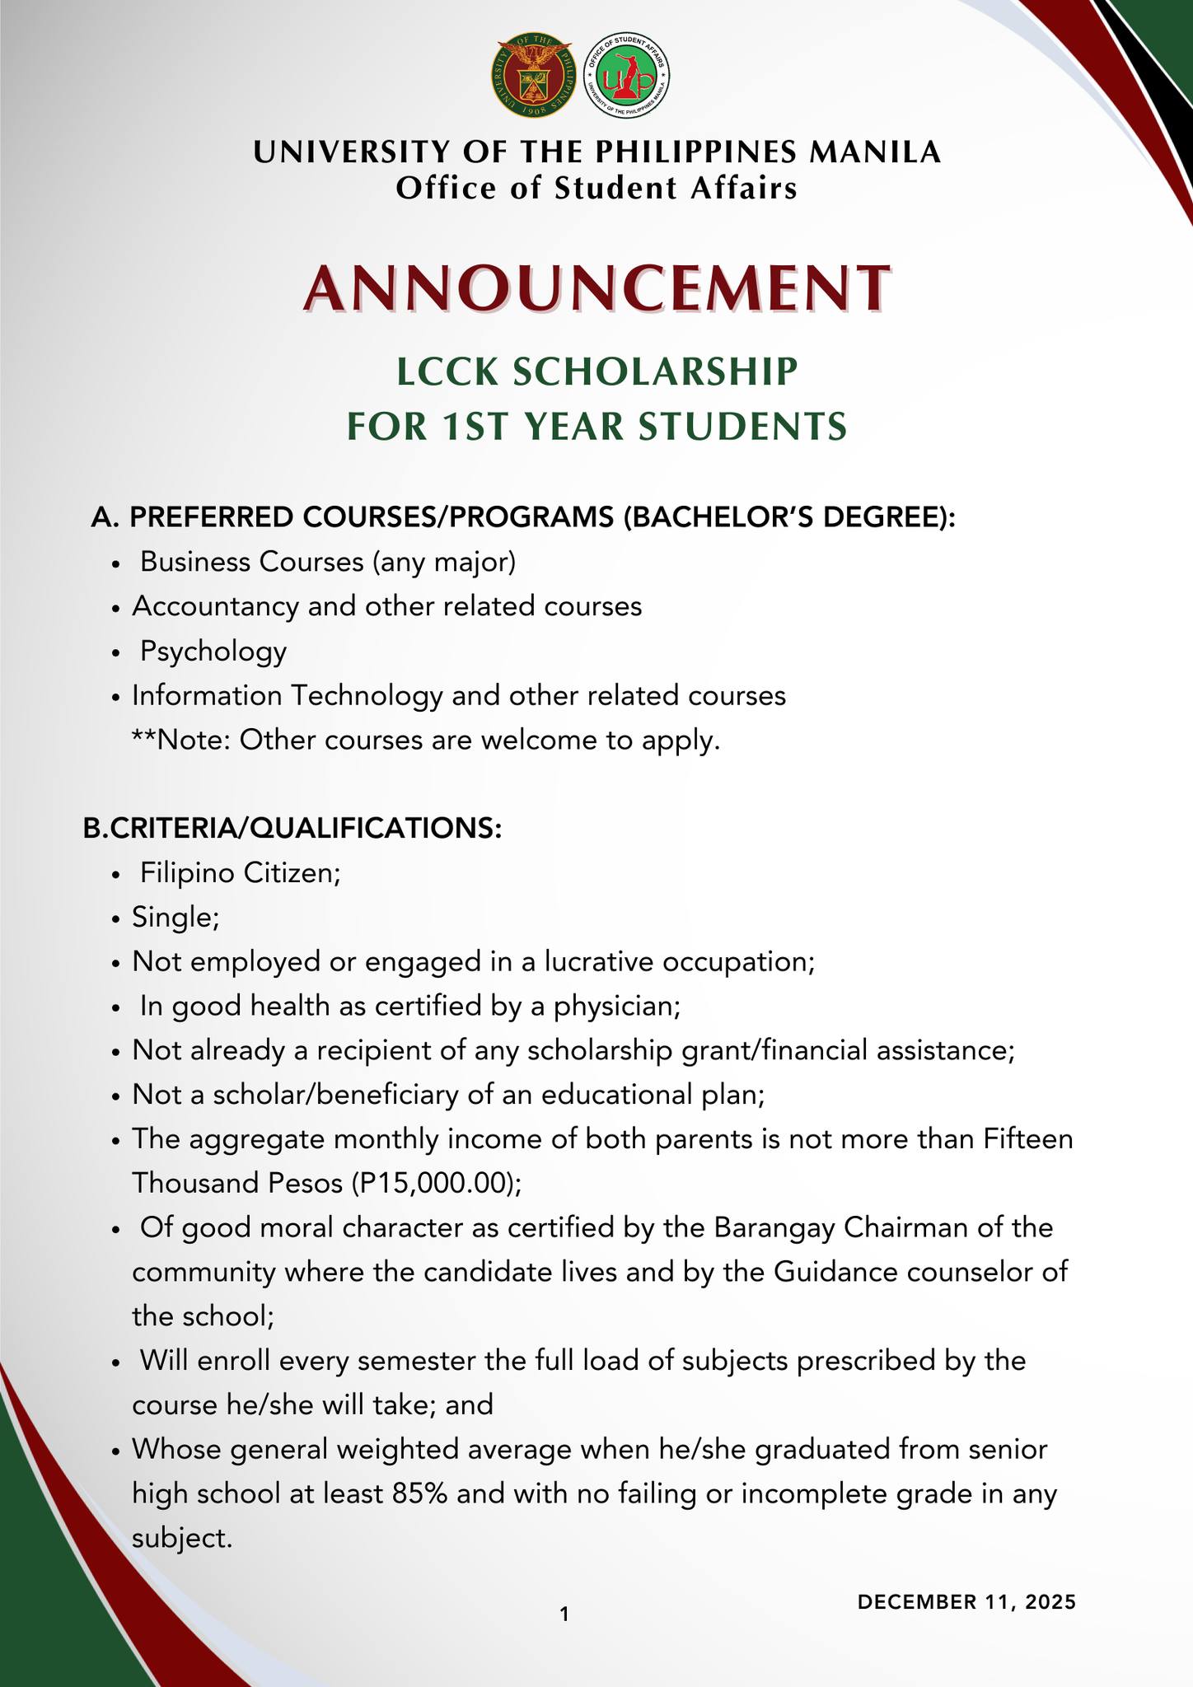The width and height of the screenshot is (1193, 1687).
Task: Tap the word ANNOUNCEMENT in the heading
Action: coord(596,288)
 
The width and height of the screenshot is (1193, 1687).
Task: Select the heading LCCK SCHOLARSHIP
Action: coord(596,372)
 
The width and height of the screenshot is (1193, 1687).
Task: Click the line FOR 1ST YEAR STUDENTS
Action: coord(596,427)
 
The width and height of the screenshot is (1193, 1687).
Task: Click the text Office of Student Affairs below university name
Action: coord(596,189)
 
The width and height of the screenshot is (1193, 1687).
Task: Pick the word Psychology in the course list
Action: coord(213,652)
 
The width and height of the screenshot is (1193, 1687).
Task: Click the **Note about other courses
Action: coord(426,741)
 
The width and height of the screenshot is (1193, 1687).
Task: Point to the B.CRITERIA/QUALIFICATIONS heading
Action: coord(292,829)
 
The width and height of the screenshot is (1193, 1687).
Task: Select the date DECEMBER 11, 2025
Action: coord(966,1602)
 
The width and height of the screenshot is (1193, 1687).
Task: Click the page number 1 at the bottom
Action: coord(564,1615)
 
